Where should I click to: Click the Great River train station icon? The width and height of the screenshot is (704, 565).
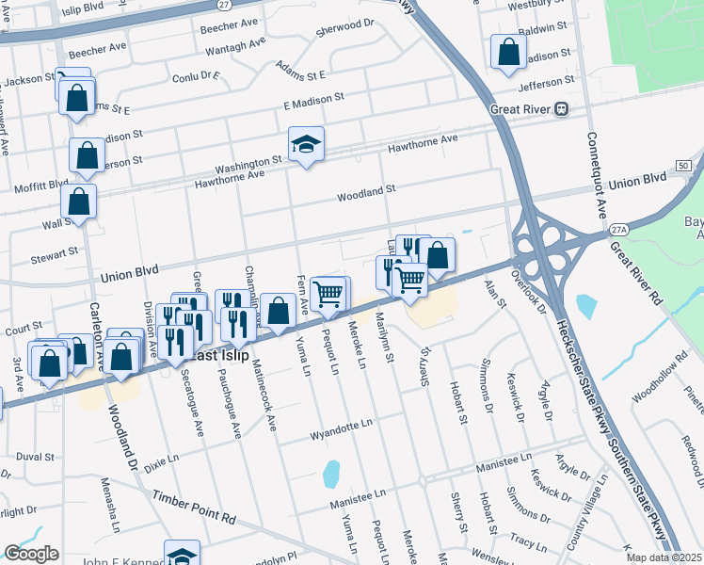point(561,108)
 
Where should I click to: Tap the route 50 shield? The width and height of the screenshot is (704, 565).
point(682,166)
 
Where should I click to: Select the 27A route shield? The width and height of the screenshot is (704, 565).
point(617,229)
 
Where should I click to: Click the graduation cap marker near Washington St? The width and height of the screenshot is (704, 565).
point(306,145)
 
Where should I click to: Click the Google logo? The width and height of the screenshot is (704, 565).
point(30,554)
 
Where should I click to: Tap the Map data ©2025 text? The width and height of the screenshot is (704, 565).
point(664,557)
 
